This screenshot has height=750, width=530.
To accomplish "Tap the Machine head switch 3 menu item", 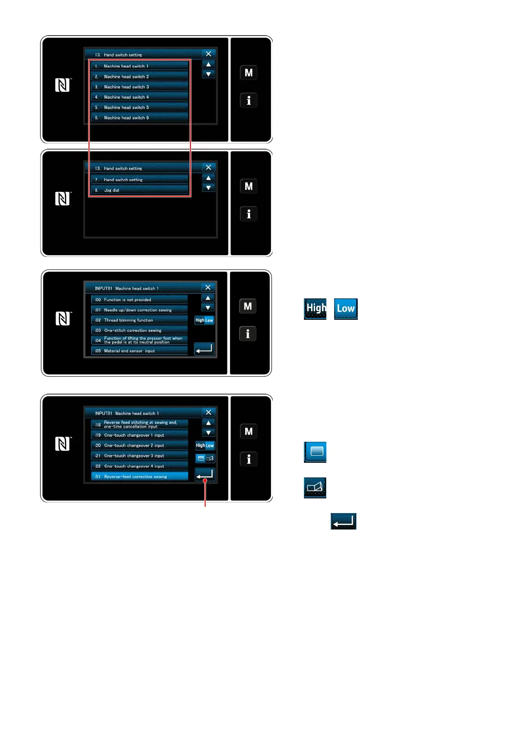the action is coord(139,87).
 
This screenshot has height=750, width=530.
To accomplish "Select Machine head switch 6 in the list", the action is coord(139,118).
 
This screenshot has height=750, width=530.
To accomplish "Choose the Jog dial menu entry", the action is coord(139,190).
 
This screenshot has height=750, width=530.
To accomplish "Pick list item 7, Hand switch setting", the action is coord(139,179).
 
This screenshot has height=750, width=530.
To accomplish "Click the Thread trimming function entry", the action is coord(139,320).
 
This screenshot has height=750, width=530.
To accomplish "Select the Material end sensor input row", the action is coord(139,351).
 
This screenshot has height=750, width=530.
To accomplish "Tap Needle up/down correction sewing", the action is coord(139,310).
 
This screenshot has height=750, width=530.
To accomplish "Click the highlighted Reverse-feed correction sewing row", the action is coord(139,477).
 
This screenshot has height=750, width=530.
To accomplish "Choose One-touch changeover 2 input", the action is coord(139,445).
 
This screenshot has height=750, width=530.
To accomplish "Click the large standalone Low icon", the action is coord(346,309).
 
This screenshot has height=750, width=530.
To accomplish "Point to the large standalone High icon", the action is coord(316,309).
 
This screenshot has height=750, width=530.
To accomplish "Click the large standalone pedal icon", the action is coord(315,488).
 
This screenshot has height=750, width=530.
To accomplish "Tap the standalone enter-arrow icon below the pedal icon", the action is coord(344,521).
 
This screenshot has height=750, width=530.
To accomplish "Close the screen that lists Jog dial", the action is coord(208,167).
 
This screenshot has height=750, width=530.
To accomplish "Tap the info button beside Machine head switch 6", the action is coord(249,101).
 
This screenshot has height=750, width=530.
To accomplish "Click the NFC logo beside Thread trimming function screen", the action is coord(63,319).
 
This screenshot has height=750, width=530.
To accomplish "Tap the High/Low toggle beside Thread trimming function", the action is coord(204,320).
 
